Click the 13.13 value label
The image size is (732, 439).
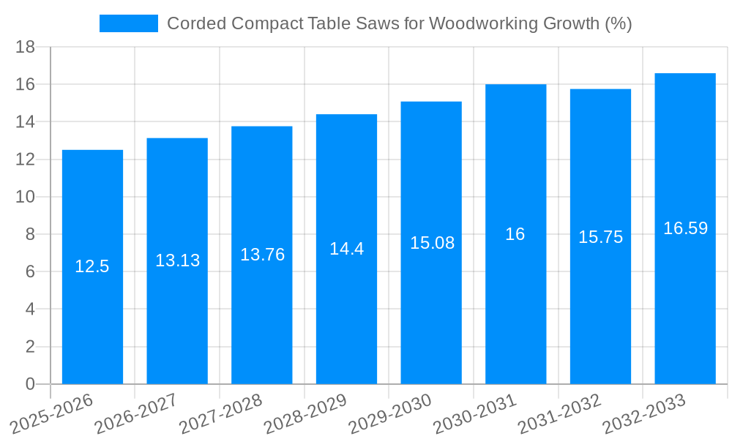tap(177, 260)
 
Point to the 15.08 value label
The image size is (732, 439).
tap(432, 243)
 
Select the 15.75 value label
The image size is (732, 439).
tap(600, 237)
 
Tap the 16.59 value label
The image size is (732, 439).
tap(685, 228)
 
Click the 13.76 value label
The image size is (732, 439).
tap(262, 255)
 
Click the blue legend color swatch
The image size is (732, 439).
tap(129, 23)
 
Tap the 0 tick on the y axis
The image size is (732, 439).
tap(30, 384)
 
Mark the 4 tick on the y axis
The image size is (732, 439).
tap(30, 309)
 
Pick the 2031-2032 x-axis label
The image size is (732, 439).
tap(560, 414)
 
